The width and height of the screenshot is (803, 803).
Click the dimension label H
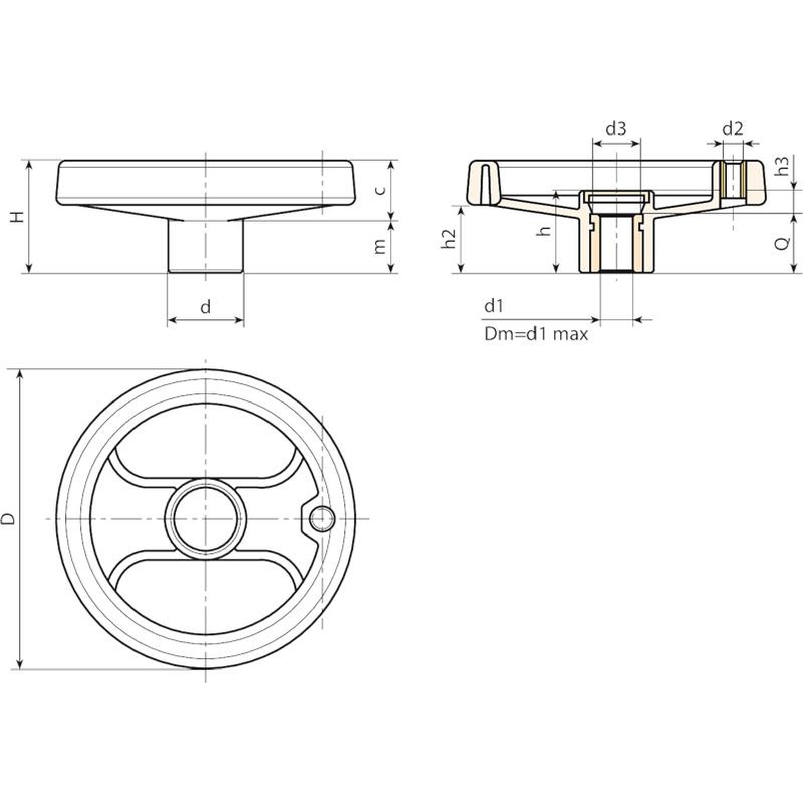click(18, 217)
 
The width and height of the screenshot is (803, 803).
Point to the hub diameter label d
click(206, 306)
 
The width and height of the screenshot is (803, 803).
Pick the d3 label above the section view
click(616, 129)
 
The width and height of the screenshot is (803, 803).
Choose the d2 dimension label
click(732, 129)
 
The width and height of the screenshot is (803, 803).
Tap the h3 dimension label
click(783, 166)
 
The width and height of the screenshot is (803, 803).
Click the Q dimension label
click(783, 243)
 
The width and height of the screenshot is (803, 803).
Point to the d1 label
click(494, 306)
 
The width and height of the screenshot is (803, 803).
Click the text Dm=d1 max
click(536, 334)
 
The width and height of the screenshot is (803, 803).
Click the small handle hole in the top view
click(322, 519)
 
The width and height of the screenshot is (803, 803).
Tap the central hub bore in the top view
click(206, 519)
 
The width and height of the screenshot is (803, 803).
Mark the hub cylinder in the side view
click(205, 246)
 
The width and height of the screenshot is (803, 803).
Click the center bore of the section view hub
click(616, 243)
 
